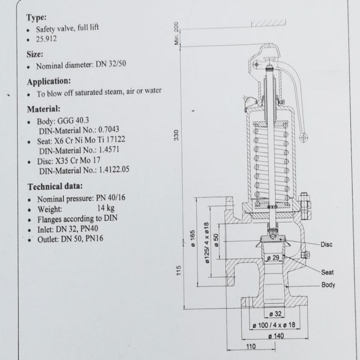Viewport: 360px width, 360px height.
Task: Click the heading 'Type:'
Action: [x=36, y=18]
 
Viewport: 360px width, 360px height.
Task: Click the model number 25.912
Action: [x=46, y=39]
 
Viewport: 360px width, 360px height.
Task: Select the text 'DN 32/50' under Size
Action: [x=111, y=64]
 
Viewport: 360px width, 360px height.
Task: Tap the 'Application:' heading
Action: [x=49, y=82]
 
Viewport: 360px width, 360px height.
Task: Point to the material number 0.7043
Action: [x=108, y=130]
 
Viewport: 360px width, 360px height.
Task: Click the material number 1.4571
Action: [x=109, y=150]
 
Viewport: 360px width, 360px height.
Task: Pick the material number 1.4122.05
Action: [x=114, y=170]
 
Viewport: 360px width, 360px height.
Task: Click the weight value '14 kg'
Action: [x=106, y=208]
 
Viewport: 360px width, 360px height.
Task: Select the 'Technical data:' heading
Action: [x=55, y=186]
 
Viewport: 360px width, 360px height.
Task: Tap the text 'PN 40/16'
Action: [x=111, y=198]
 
